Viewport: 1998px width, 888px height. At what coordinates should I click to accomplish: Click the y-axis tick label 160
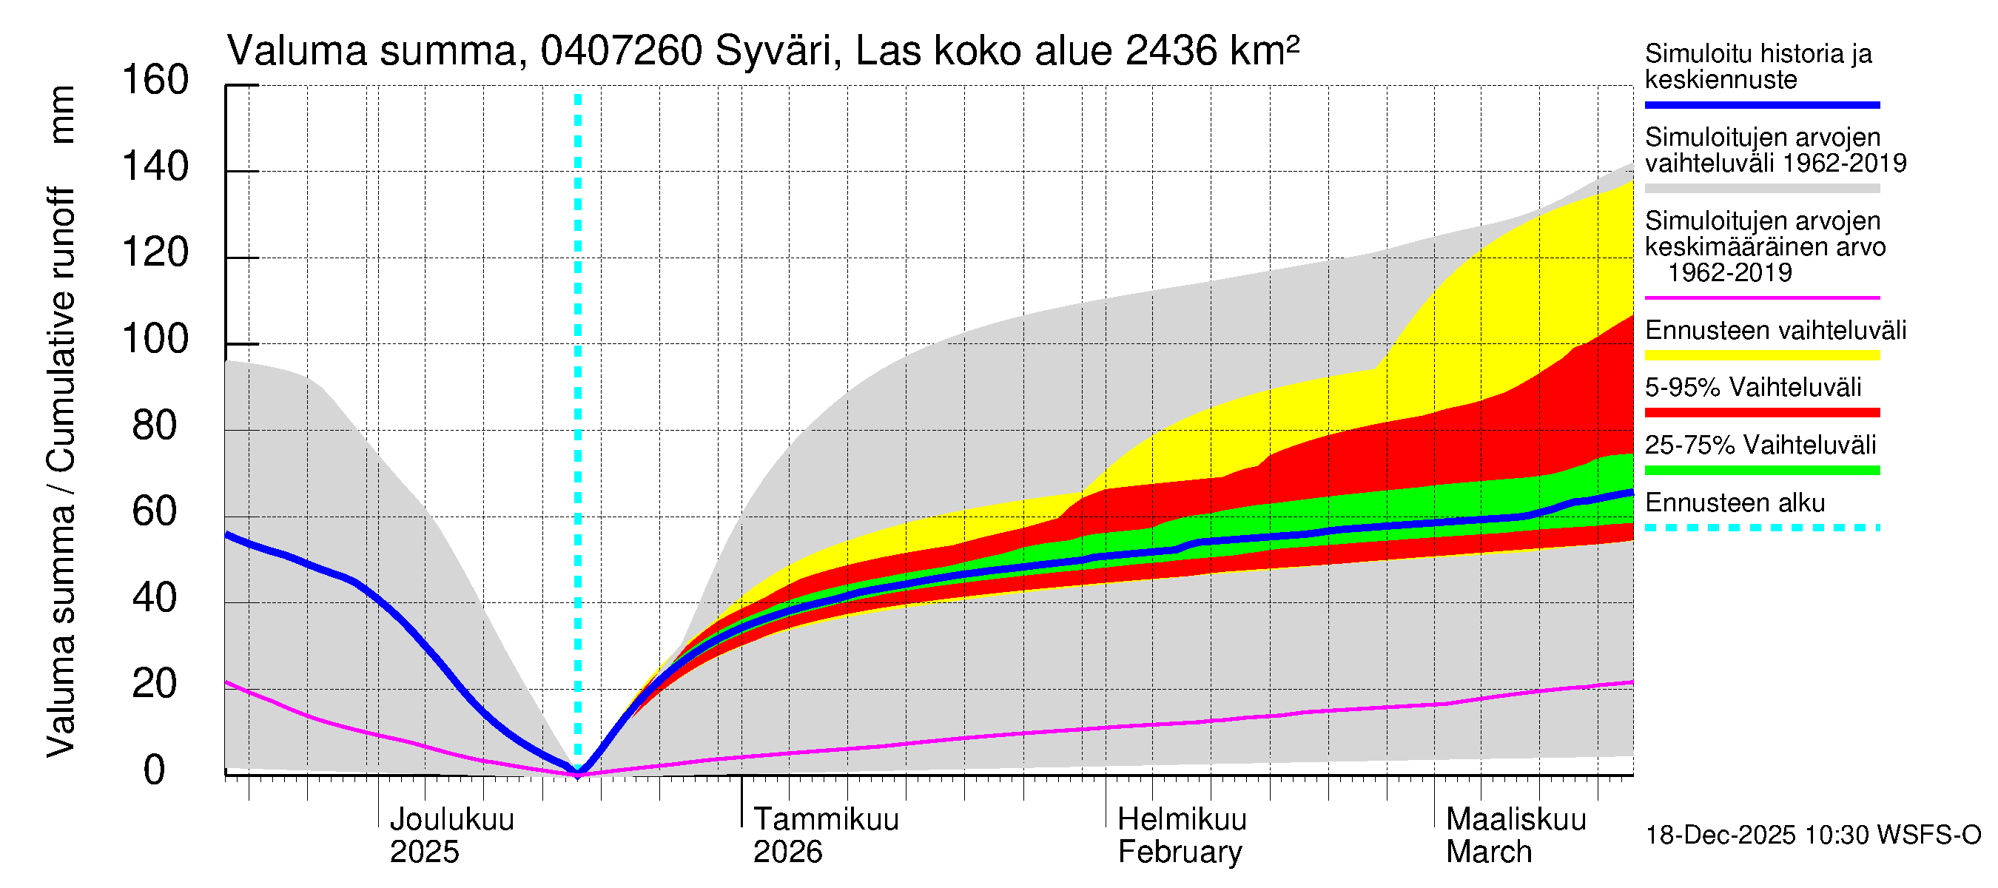click(155, 80)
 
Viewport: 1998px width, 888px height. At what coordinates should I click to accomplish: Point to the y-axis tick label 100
click(155, 339)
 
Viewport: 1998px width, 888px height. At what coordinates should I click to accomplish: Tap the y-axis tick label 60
click(155, 512)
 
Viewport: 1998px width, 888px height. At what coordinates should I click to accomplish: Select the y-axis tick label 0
click(155, 770)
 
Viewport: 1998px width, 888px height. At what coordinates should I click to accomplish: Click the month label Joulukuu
click(451, 819)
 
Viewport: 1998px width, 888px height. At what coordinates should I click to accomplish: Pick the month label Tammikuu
click(825, 819)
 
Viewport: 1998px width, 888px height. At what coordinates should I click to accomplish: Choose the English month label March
click(1488, 852)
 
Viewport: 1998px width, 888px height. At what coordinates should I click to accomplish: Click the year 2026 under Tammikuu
click(787, 852)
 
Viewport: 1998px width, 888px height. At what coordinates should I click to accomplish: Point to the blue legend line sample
click(1761, 104)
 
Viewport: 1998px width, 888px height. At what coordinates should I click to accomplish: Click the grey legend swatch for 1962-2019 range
click(1761, 189)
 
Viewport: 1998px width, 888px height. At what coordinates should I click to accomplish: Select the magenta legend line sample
click(1761, 297)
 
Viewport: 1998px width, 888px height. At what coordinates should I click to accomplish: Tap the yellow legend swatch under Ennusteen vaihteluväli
click(1761, 355)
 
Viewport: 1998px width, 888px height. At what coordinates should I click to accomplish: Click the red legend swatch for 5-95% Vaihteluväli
click(1761, 413)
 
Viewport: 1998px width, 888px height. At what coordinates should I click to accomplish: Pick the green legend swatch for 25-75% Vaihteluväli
click(1761, 470)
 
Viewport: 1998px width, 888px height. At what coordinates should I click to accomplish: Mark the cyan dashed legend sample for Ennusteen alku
click(1761, 528)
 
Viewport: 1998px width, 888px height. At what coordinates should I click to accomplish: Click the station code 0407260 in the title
click(622, 51)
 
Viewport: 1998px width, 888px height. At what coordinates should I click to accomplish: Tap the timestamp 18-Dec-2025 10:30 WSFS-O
click(1812, 835)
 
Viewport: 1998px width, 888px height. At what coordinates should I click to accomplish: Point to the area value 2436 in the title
click(1171, 51)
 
